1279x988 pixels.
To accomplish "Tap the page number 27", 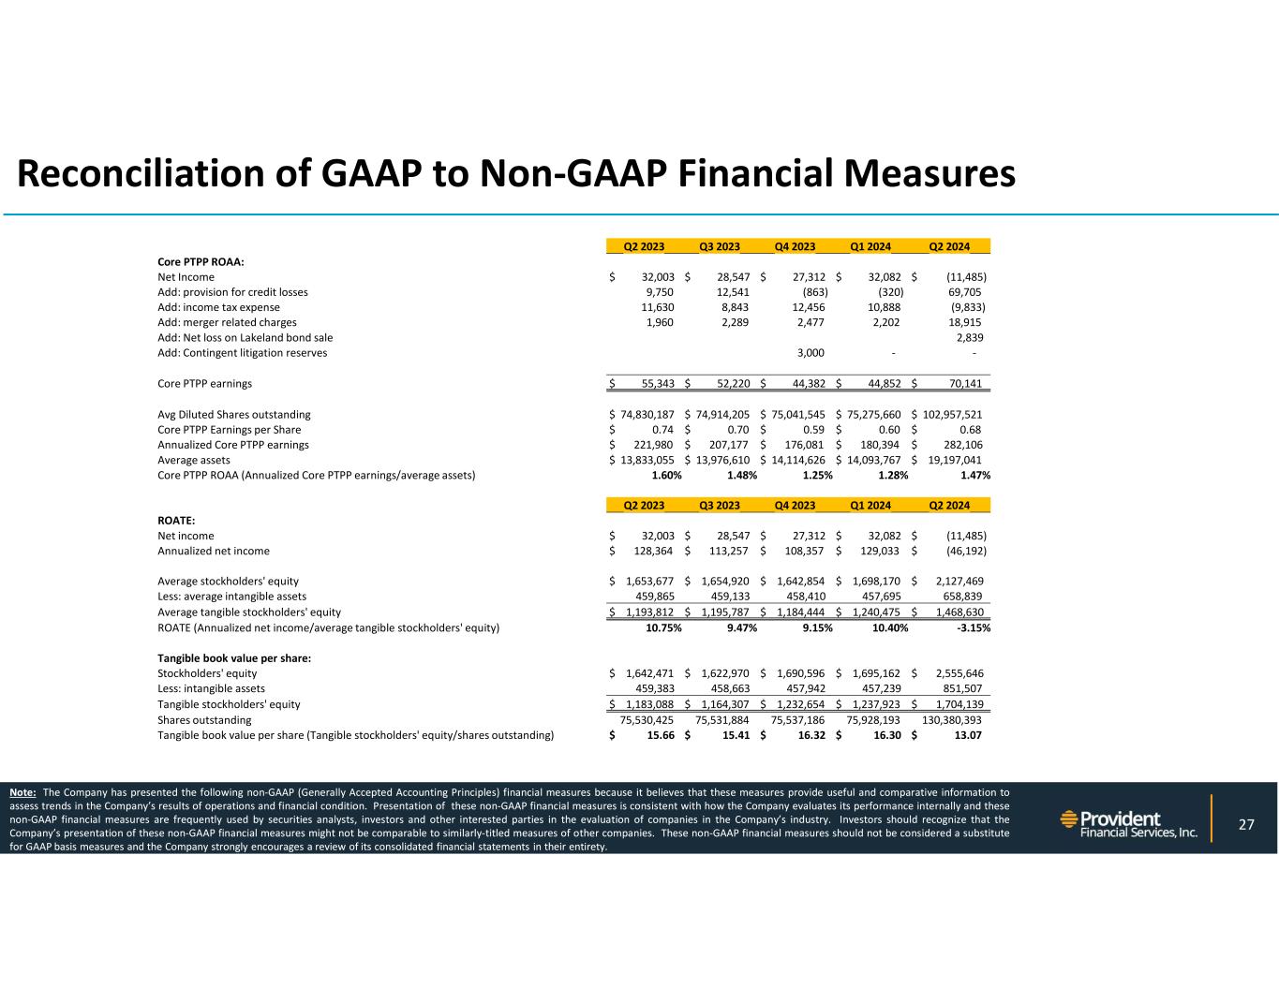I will click(1245, 824).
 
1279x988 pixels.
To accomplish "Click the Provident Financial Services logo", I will click(1128, 824).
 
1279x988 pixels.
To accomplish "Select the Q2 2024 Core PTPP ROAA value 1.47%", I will click(974, 476).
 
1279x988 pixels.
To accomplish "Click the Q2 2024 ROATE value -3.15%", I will click(973, 628).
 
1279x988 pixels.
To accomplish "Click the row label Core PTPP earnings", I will click(204, 384).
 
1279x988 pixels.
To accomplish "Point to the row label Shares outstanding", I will click(204, 720).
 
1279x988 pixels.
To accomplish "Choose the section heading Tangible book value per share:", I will click(234, 658).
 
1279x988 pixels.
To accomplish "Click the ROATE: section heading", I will click(177, 521).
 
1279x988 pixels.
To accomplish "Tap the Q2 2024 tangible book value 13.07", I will click(967, 735).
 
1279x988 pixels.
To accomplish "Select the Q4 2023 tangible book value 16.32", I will click(810, 735).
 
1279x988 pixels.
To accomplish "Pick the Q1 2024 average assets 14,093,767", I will click(876, 461).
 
